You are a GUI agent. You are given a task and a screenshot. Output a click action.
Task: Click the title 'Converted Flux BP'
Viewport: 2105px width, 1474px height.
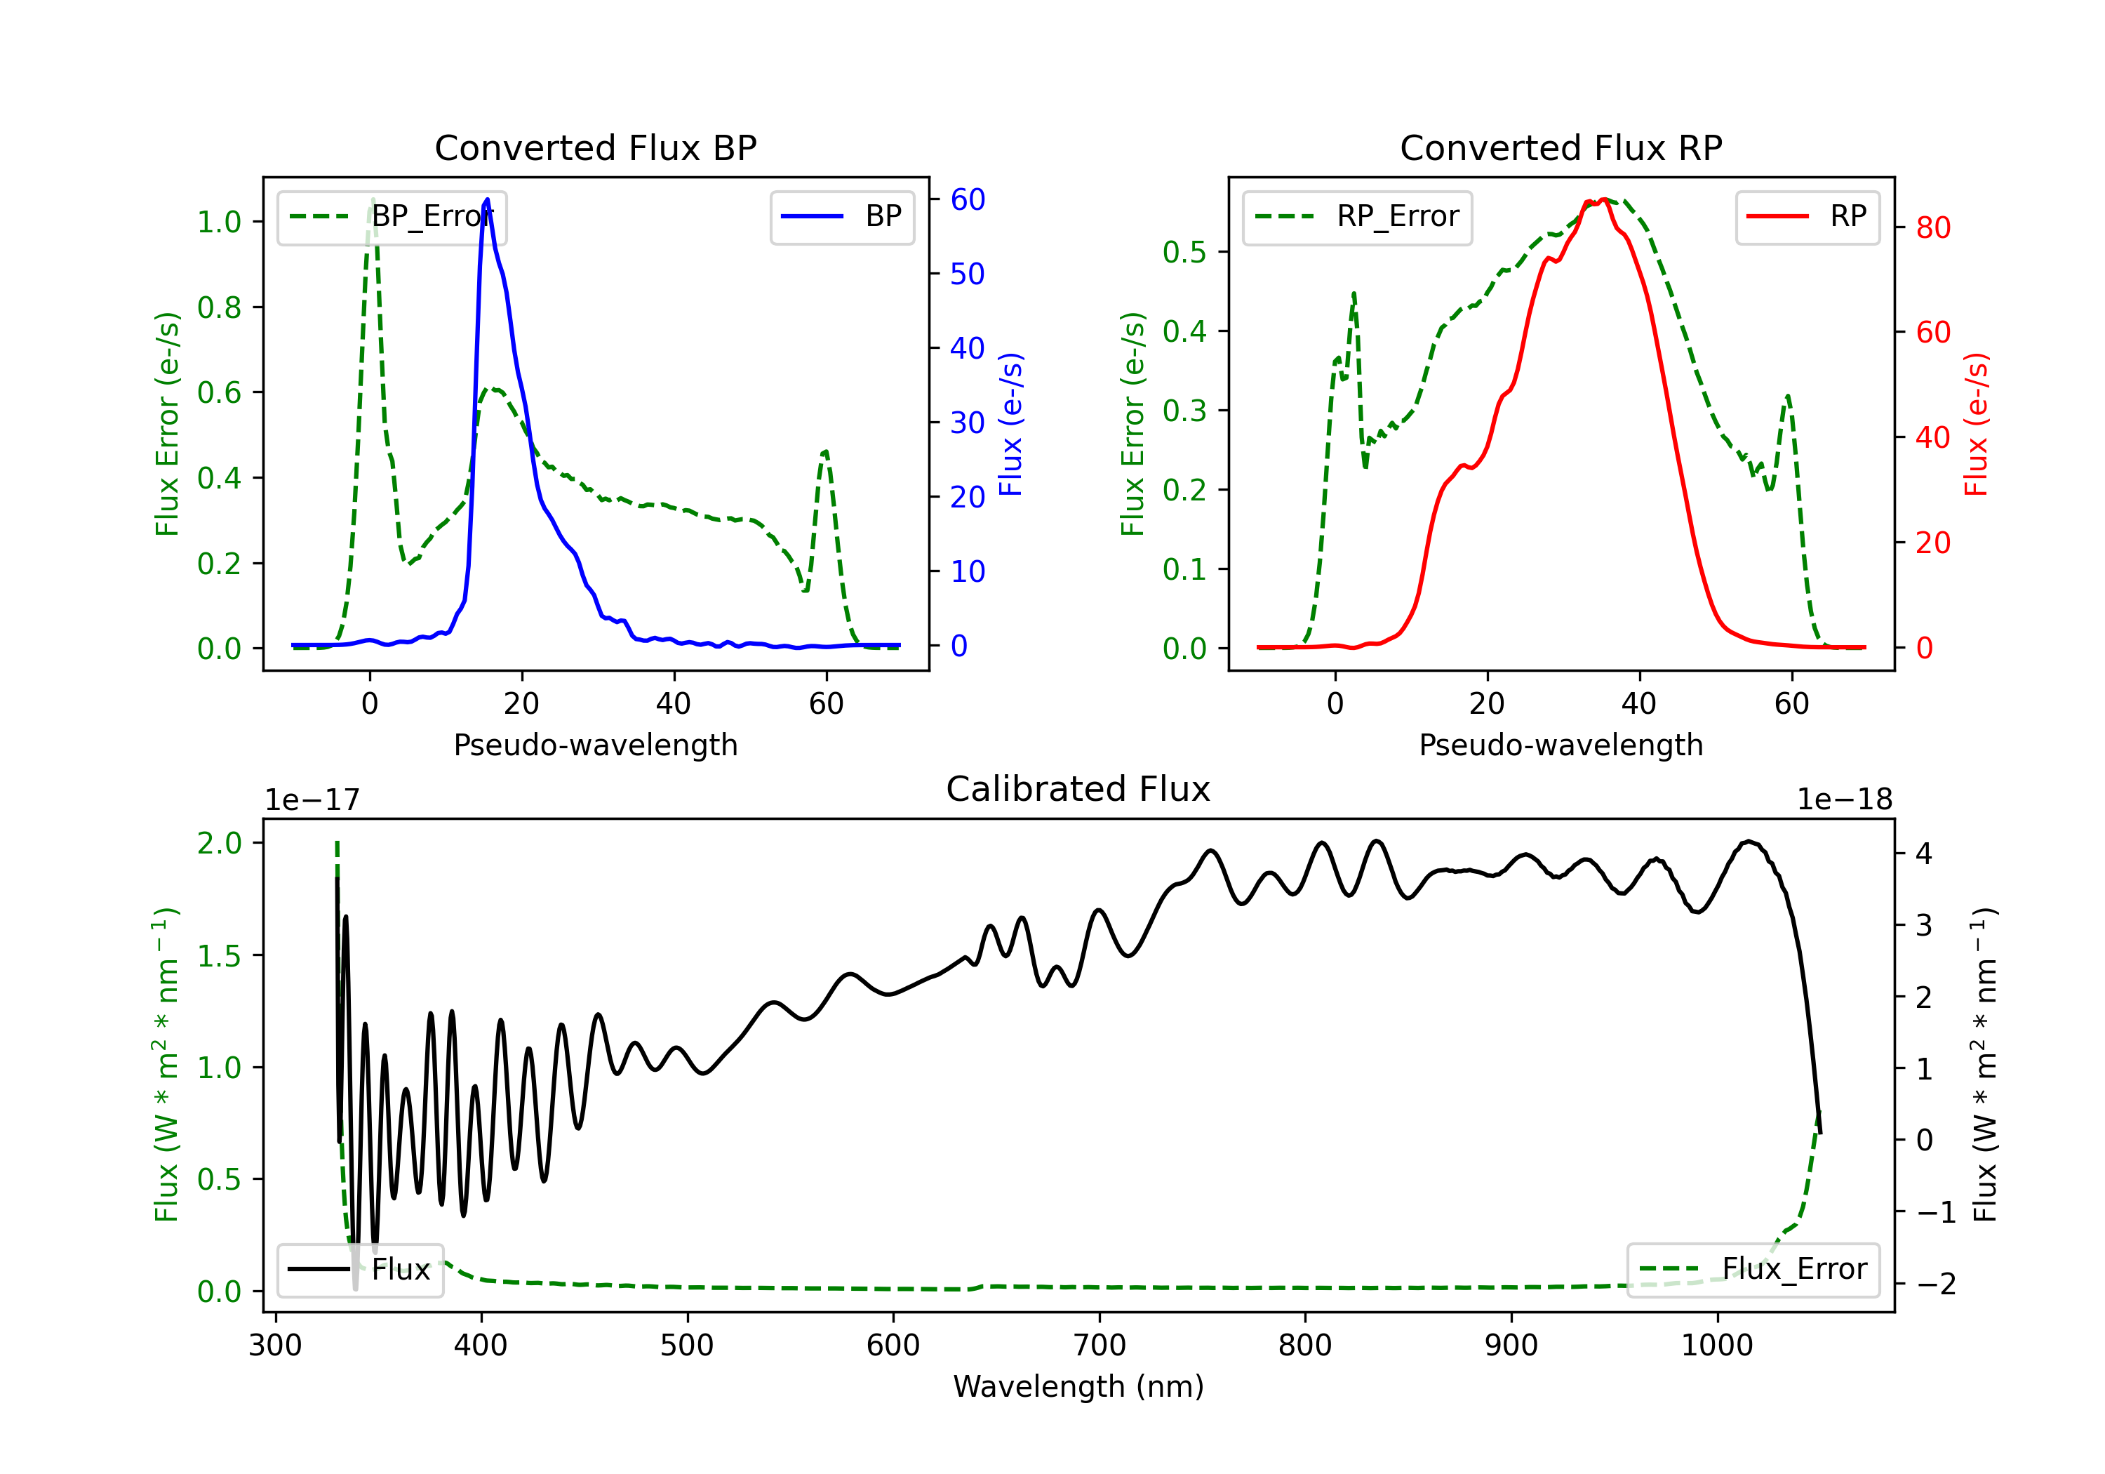tap(595, 147)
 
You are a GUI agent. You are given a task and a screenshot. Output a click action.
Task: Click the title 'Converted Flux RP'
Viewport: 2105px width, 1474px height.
tap(1561, 147)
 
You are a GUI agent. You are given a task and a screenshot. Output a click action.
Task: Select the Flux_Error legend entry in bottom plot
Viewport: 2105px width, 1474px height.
tap(1753, 1270)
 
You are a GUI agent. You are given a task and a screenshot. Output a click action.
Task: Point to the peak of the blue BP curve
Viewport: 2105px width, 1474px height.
tap(487, 199)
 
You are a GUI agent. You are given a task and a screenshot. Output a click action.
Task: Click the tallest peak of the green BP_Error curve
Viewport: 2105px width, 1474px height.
tap(372, 199)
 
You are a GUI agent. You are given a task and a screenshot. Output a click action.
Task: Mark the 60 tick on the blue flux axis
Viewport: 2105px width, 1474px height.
tap(967, 199)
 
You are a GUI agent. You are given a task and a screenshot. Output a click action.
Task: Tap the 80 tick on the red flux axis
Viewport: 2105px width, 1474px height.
tap(1932, 227)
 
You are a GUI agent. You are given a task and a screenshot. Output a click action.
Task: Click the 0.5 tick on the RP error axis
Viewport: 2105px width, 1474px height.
tap(1184, 251)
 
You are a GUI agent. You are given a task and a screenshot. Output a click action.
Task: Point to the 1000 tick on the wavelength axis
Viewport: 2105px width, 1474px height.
tap(1716, 1346)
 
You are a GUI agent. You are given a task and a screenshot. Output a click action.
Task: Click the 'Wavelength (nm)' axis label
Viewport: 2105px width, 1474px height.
tap(1078, 1386)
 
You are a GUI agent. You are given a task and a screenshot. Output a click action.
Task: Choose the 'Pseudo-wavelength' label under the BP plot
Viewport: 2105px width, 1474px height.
tap(595, 745)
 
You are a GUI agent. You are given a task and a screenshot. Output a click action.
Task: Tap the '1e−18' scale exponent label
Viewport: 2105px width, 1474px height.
tap(1844, 800)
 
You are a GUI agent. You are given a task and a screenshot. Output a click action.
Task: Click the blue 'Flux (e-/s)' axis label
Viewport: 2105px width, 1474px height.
tap(1010, 424)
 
